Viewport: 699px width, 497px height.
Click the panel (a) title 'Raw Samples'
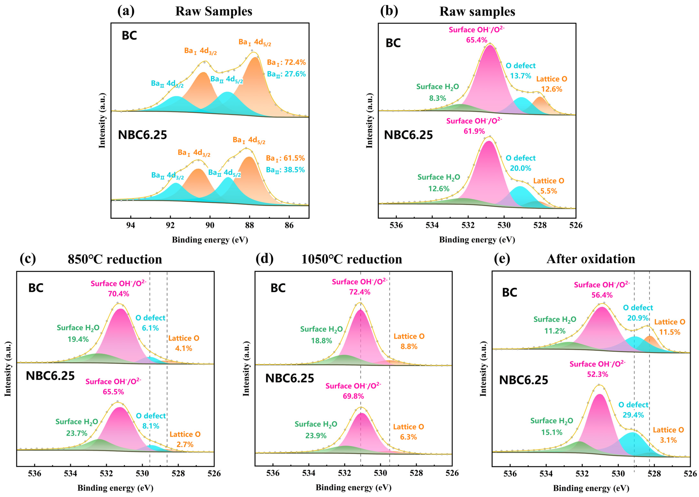[x=214, y=12]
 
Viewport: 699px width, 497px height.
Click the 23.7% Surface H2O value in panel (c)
[x=77, y=433]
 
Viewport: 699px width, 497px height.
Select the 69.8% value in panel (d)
[x=353, y=396]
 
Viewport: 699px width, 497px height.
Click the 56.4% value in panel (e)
[x=602, y=295]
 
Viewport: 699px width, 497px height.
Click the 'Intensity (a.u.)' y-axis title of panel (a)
[x=102, y=120]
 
